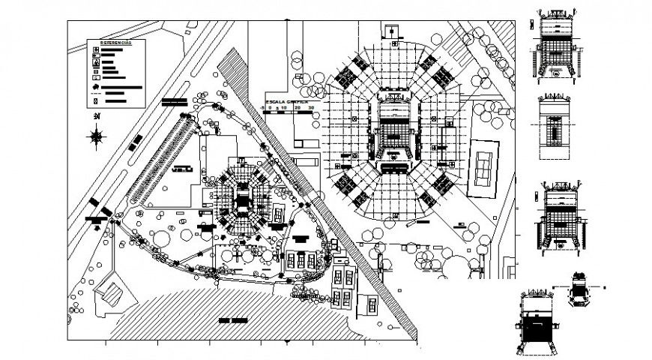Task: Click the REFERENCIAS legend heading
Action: point(116,44)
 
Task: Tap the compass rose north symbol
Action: point(96,136)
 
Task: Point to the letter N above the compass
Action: point(96,118)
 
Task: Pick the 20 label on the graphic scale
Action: point(299,108)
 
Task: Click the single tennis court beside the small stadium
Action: point(279,214)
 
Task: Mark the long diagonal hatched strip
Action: point(315,187)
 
